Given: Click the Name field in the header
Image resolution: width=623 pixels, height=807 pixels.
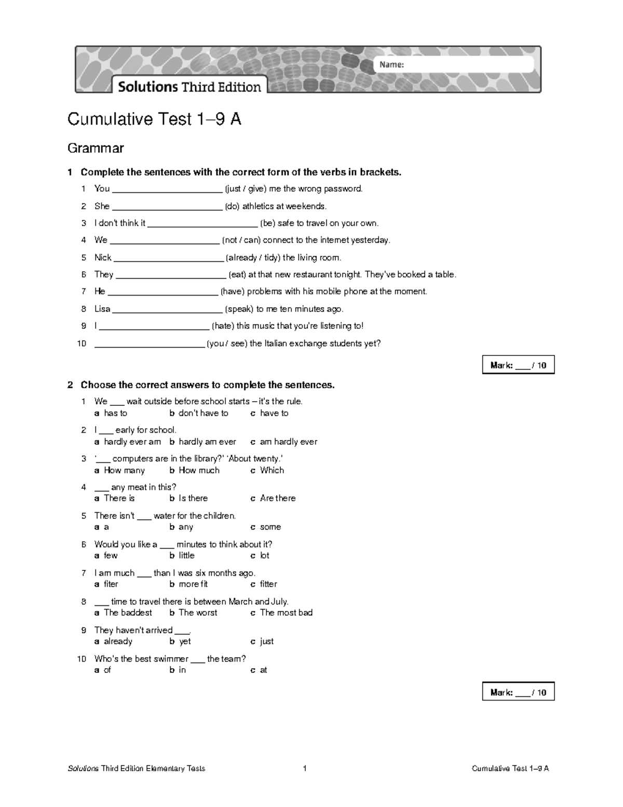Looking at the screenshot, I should point(453,65).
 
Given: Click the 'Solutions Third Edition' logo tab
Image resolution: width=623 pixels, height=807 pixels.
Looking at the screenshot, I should point(189,87).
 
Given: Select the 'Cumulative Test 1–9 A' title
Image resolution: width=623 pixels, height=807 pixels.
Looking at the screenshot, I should point(154,120).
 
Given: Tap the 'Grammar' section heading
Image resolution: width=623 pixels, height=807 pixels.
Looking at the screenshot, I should point(96,148).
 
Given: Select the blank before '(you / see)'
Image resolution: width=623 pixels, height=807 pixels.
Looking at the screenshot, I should point(149,344).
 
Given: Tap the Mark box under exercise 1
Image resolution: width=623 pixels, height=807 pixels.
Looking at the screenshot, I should point(518,365).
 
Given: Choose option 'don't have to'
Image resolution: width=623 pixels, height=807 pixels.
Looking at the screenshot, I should point(203,413).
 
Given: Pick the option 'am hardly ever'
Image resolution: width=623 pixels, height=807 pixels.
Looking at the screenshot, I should point(288,442).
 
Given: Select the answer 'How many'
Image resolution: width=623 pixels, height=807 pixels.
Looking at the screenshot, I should point(124,470).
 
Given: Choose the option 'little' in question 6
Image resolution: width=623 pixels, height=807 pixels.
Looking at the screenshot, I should point(186,555).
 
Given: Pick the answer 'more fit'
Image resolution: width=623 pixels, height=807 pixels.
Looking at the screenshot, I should point(193,584).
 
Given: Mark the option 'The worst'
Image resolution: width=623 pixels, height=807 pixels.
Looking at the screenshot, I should point(198,613).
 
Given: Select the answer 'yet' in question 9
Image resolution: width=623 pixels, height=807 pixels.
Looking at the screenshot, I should point(185,641).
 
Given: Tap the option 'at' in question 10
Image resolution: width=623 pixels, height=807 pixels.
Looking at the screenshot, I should point(263,670).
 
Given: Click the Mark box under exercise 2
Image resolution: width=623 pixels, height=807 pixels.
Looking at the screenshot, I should point(518,692).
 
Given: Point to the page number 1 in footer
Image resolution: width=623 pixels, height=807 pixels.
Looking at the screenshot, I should point(305,769).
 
